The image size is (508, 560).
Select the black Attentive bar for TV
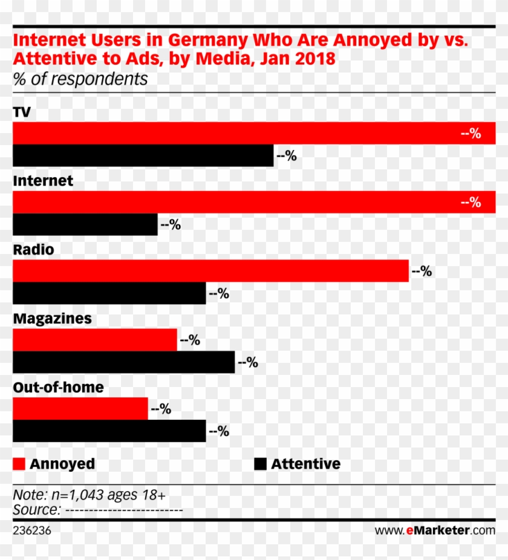(x=143, y=155)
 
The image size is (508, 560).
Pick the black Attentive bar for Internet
(x=85, y=224)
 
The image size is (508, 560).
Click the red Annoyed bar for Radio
(x=210, y=271)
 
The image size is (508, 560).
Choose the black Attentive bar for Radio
(x=109, y=293)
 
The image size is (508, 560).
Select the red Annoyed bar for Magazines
(x=94, y=340)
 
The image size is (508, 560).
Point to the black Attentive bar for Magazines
(x=123, y=362)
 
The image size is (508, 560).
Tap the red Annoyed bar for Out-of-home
(x=80, y=409)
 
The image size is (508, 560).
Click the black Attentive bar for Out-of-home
(x=109, y=431)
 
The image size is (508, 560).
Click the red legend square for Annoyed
(x=19, y=464)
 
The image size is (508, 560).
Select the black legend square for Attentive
(x=260, y=464)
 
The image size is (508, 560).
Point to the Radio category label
(x=33, y=250)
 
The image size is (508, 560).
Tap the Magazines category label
(x=52, y=319)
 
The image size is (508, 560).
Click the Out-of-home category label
(x=58, y=388)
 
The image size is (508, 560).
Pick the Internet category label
(x=42, y=181)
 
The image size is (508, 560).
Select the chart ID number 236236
(x=32, y=530)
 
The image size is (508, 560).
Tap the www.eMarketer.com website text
(x=434, y=530)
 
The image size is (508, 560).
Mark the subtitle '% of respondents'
(x=80, y=79)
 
